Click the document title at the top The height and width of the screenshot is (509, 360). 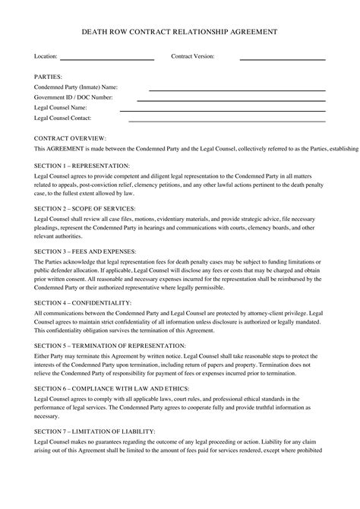[179, 32]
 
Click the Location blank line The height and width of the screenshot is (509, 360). [106, 59]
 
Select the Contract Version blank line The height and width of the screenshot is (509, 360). [283, 59]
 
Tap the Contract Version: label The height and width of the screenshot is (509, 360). [193, 57]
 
